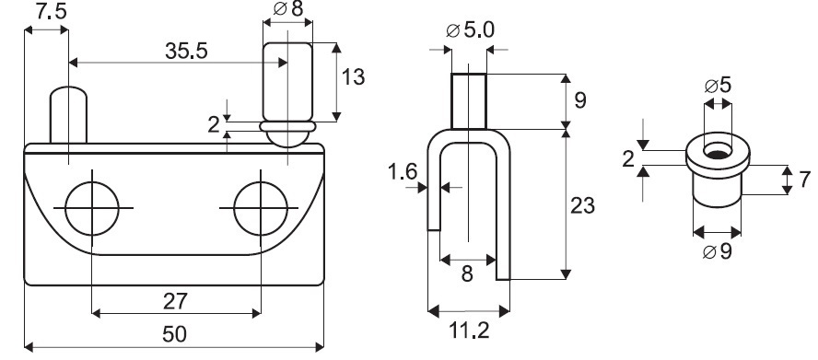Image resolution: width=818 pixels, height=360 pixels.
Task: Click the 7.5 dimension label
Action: pos(52,11)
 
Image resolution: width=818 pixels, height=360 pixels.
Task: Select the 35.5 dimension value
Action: pos(186,52)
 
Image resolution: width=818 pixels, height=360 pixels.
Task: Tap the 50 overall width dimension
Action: pos(174,334)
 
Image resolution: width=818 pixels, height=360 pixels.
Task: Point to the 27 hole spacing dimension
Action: pos(175,302)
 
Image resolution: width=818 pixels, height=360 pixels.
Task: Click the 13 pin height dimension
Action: pos(353,76)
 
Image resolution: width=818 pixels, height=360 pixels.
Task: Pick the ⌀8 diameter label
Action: pos(288,9)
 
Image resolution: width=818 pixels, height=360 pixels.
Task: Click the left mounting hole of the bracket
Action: pos(92,208)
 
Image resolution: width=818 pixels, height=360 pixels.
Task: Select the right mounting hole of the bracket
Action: pos(261,208)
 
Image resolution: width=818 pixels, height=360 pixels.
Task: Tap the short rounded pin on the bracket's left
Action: pos(68,115)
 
